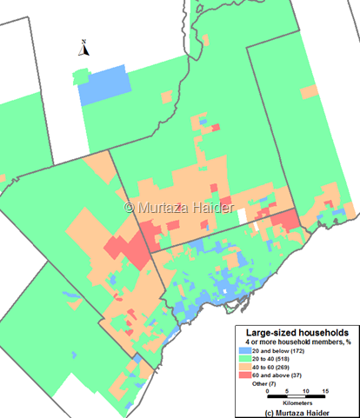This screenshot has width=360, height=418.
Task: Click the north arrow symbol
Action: pos(83,49)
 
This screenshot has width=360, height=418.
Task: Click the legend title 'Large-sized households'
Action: pos(297,333)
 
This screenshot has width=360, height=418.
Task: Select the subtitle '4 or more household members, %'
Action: pos(297,342)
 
